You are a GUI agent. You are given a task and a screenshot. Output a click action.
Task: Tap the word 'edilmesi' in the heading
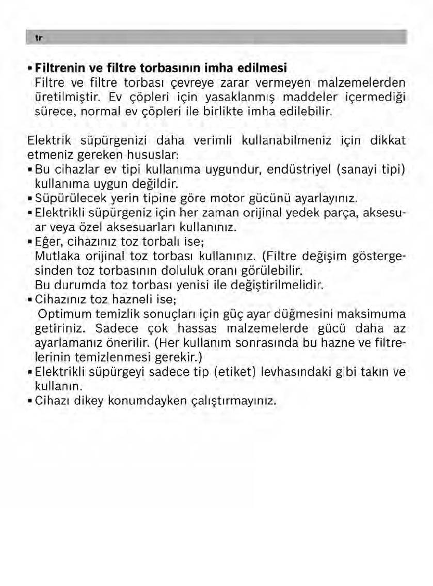pyautogui.click(x=267, y=68)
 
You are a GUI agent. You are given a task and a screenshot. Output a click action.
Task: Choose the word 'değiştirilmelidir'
pyautogui.click(x=280, y=284)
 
